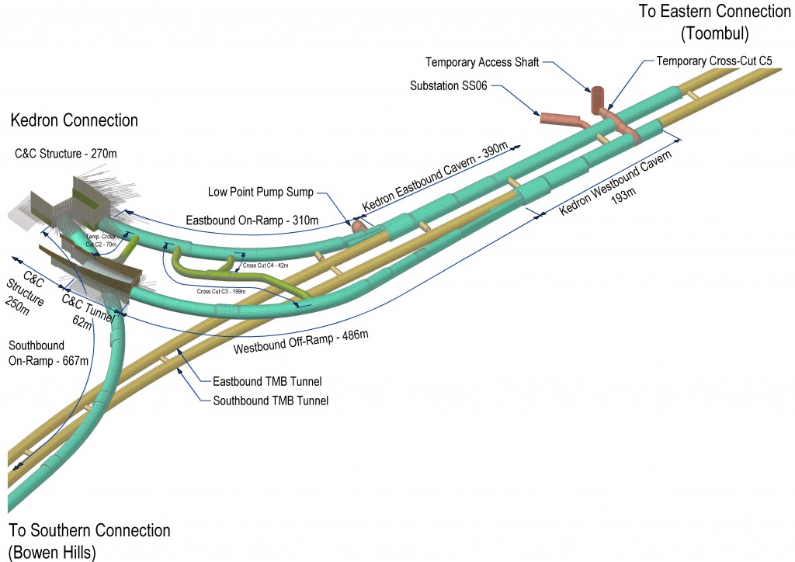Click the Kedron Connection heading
pos(74,120)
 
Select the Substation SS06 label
pos(448,86)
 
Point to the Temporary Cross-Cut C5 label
pos(713,61)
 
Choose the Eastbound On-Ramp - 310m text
pos(252,221)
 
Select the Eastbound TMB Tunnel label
pos(266,381)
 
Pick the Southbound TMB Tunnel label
pos(270,401)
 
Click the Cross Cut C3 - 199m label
pos(221,292)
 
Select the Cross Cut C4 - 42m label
pos(266,265)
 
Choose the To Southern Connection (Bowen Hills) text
pos(89,540)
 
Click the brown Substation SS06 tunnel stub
pos(561,119)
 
